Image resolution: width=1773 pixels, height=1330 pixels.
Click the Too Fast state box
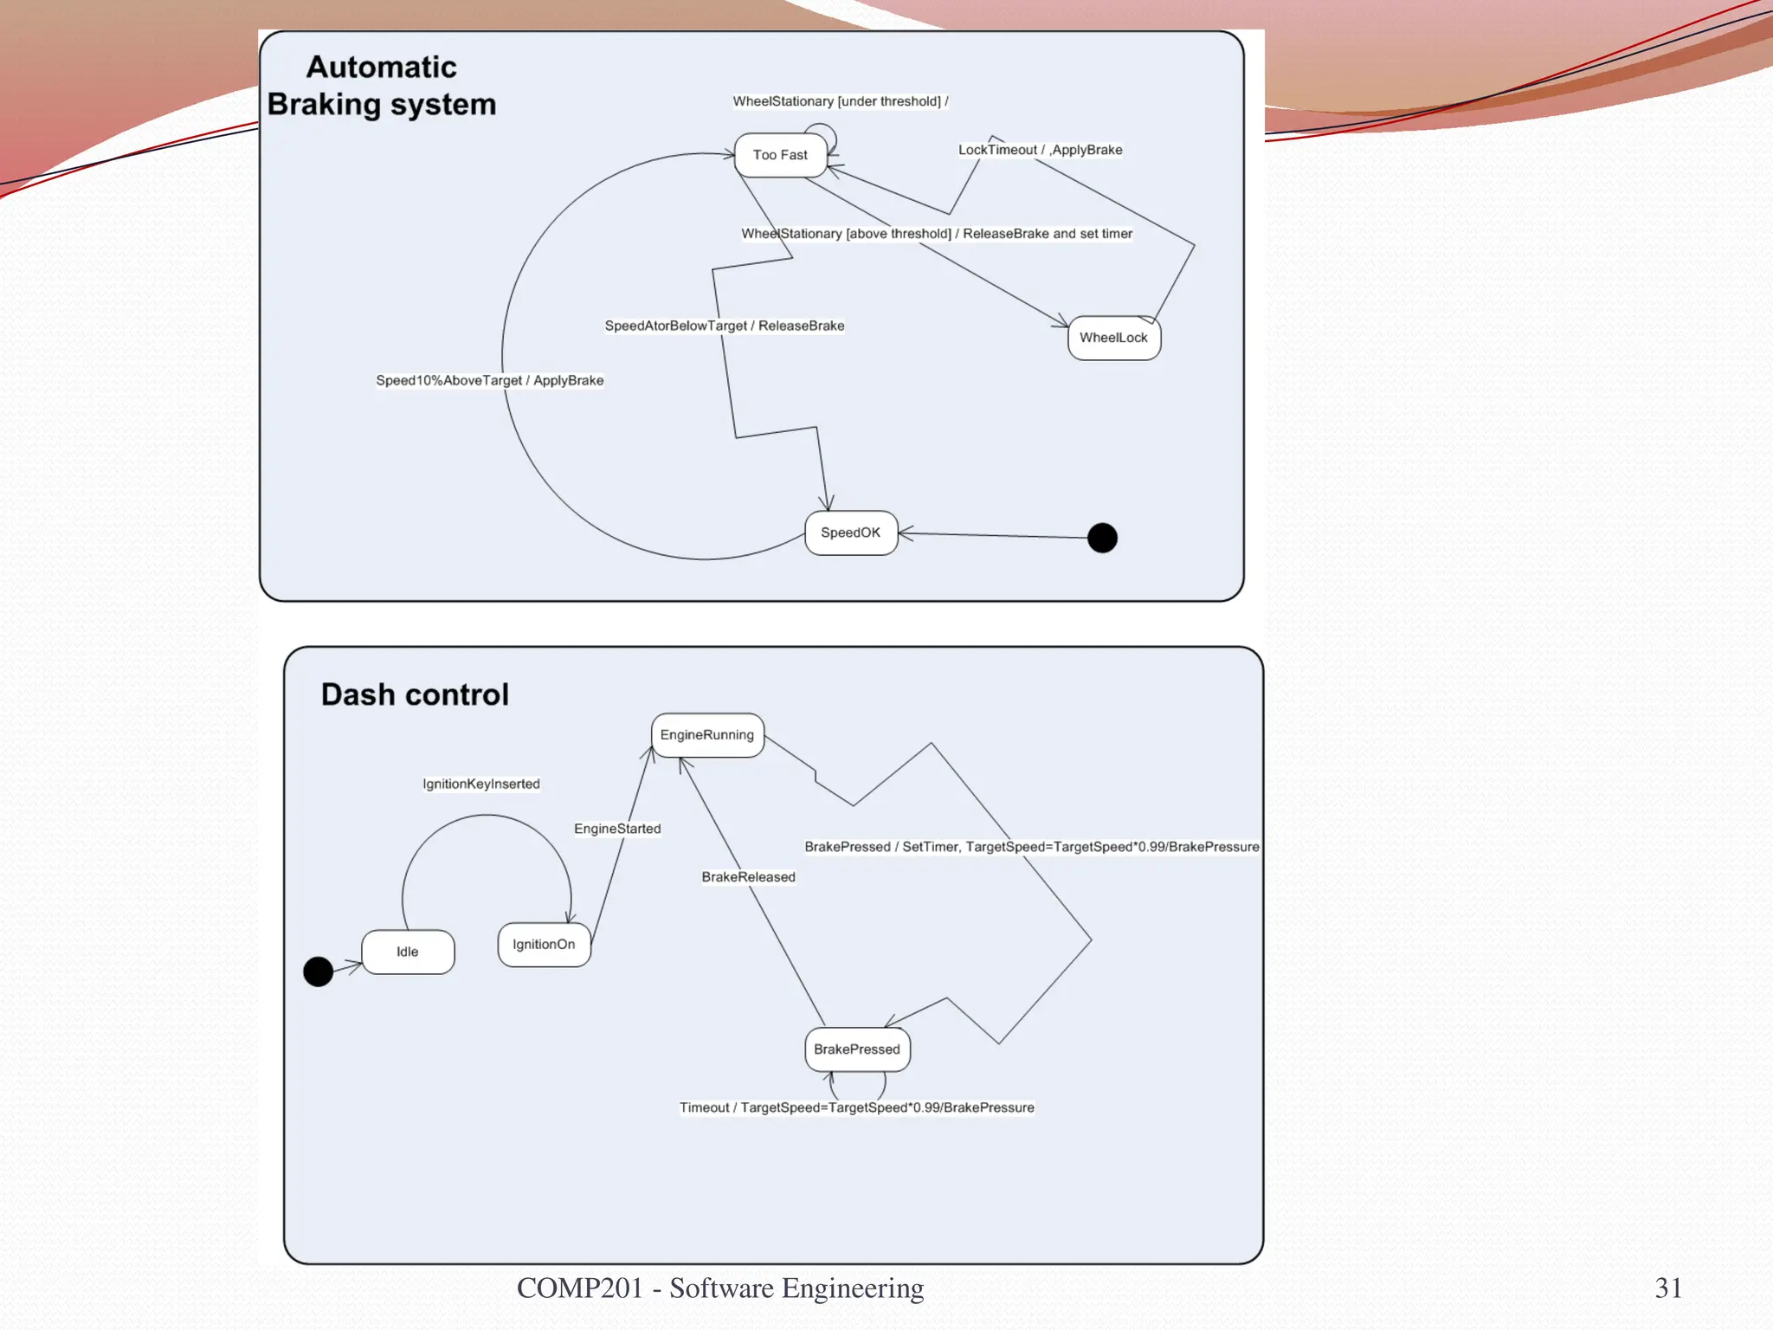coord(780,155)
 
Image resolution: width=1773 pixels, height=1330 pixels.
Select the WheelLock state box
coord(1113,338)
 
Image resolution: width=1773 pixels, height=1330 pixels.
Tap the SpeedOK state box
coord(850,533)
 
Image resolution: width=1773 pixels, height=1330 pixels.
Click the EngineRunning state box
coord(706,735)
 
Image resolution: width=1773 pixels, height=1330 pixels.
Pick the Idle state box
coord(407,952)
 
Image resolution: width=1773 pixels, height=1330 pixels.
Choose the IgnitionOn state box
coord(544,945)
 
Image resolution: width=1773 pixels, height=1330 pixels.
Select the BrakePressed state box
coord(857,1049)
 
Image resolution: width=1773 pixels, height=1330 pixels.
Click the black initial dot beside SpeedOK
coord(1102,538)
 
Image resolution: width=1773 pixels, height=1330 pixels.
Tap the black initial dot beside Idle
coord(319,972)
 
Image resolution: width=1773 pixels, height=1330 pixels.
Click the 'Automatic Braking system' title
coord(382,86)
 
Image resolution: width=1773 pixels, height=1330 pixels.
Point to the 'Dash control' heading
coord(415,694)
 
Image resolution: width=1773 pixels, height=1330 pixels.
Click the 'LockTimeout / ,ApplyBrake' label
coord(1040,150)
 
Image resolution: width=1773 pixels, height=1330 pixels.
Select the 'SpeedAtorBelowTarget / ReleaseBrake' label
coord(725,326)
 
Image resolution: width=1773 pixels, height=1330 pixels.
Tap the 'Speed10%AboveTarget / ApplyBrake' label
coord(489,380)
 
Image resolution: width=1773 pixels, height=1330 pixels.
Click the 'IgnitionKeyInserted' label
coord(481,784)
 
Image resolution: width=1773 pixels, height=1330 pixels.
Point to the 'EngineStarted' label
coord(617,829)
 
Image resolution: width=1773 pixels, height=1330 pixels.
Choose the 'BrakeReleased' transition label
coord(748,877)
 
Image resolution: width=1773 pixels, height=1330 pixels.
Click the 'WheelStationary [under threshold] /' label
coord(840,101)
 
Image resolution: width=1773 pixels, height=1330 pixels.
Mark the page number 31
coord(1668,1288)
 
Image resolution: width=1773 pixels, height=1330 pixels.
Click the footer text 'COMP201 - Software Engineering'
coord(719,1288)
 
